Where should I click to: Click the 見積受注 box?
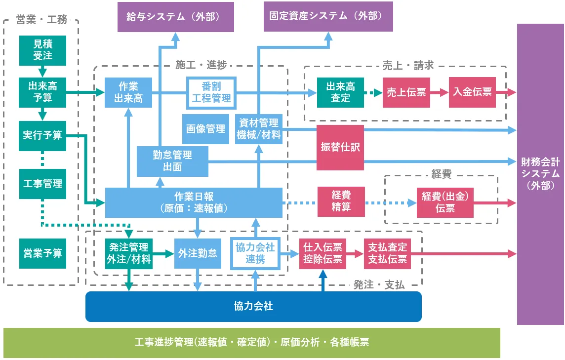coord(42,50)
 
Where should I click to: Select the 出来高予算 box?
coord(42,92)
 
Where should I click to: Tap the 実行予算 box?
coord(42,135)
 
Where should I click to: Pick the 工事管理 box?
coord(42,184)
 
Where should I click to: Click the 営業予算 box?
coord(42,253)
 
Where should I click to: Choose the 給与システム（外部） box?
coord(176,17)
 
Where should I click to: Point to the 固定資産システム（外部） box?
coord(328,16)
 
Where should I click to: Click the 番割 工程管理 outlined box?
coord(211,92)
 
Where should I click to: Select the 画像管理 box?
coord(206,129)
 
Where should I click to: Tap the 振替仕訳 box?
coord(340,147)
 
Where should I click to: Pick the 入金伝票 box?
coord(473,92)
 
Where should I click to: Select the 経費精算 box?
coord(341,201)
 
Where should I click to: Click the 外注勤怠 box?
coord(198,253)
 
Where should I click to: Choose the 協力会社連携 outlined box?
coord(255,253)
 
